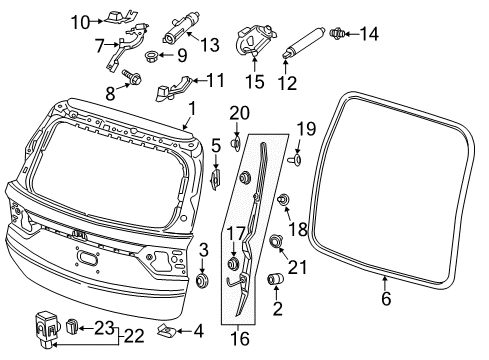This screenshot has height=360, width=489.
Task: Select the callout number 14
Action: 370,34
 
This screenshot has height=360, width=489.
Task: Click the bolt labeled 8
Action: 129,75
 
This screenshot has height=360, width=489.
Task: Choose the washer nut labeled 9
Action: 153,55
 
